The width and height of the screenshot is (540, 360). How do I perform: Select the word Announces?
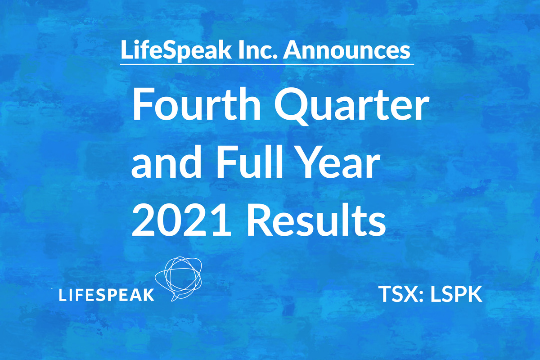pos(346,50)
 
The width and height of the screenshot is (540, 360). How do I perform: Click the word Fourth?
pos(196,103)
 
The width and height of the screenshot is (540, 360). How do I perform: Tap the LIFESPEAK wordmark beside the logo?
pos(107,295)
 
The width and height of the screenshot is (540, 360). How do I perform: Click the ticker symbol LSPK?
pos(456,294)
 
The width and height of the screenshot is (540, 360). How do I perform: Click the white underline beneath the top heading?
pos(267,65)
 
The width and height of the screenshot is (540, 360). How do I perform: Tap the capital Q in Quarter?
pos(292,106)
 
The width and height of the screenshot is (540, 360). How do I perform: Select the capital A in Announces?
pos(292,50)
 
